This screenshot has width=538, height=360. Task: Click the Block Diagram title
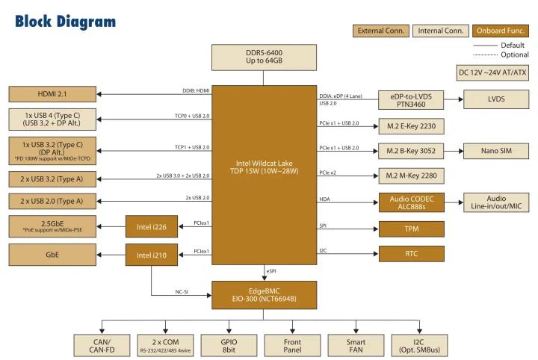pos(66,22)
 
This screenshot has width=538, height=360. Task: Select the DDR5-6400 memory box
pos(264,57)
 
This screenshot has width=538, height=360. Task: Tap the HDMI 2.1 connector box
pos(52,94)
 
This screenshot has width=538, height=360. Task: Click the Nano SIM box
pos(495,151)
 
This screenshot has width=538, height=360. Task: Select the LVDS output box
pos(495,99)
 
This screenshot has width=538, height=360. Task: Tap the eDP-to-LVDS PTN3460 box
pos(412,99)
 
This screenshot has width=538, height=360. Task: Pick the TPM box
pos(412,229)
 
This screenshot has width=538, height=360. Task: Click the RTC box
pos(412,254)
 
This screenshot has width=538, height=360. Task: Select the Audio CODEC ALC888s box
pos(412,202)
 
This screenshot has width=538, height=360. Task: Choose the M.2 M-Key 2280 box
pos(412,176)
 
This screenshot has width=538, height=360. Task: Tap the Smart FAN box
pos(356,344)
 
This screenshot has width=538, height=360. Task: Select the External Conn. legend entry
pos(381,31)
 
